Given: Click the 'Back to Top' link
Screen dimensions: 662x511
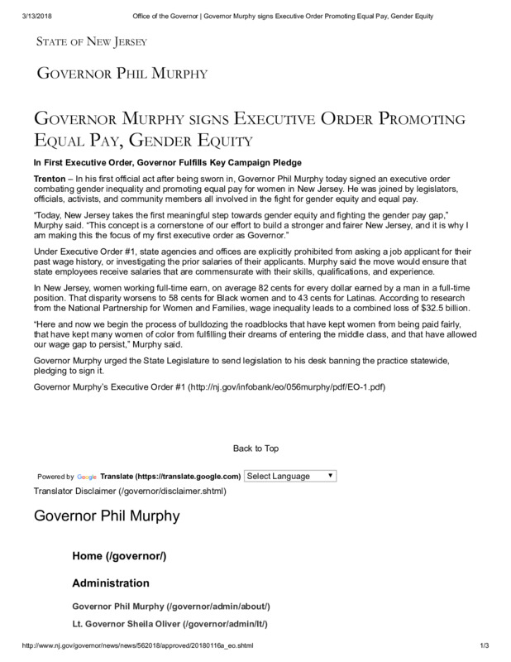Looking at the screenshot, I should (255, 449).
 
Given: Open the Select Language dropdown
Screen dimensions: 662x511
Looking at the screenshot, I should (289, 476).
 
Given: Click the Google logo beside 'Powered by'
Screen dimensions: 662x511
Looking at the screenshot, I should (87, 477).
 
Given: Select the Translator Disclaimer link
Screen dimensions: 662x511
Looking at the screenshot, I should (130, 491).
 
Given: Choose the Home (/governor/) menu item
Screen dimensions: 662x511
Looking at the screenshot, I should (119, 555).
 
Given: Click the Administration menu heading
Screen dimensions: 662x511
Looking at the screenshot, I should (111, 583).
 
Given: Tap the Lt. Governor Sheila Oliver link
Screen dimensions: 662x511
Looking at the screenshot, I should (170, 623).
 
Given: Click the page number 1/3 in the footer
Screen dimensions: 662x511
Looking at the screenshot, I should (485, 645).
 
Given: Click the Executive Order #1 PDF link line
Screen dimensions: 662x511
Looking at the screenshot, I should (210, 387).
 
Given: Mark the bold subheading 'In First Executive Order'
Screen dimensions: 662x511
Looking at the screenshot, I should (167, 161).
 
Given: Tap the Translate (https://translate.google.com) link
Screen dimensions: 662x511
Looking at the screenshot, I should (171, 477).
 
